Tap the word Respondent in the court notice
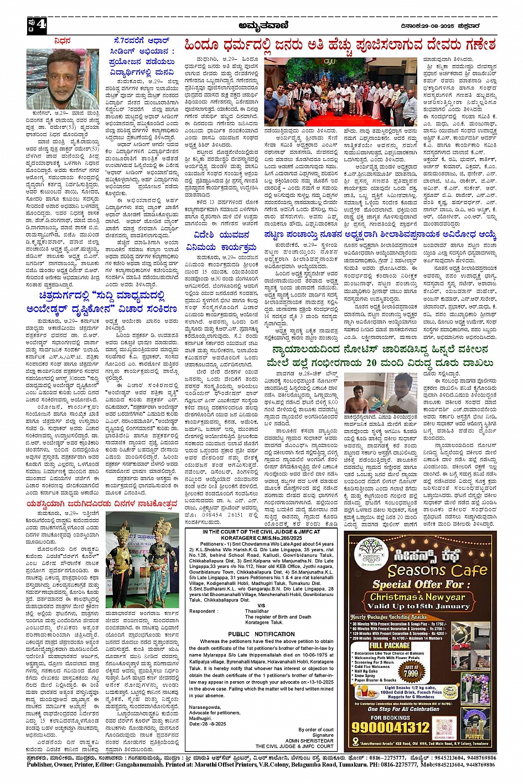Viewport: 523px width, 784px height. click(x=203, y=611)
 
